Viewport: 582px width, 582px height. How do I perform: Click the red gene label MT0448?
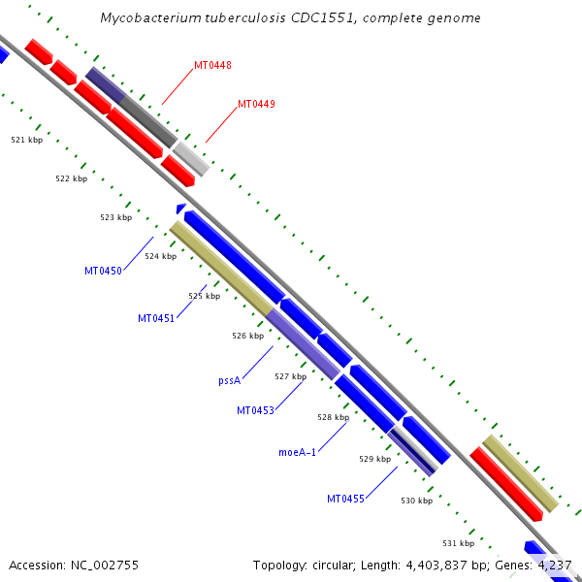[212, 65]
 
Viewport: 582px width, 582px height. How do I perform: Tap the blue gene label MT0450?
[103, 271]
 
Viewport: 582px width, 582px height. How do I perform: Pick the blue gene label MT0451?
[156, 318]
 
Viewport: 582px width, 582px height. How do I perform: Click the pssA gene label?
[229, 381]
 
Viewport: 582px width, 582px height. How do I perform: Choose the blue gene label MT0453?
[255, 410]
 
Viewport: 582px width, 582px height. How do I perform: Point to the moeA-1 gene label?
[297, 452]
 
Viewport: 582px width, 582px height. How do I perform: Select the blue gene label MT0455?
[345, 499]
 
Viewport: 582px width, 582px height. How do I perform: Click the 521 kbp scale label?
[27, 140]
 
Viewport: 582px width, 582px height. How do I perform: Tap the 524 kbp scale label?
[160, 256]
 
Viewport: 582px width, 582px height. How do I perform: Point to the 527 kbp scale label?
[290, 376]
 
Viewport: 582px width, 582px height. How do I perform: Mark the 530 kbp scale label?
[416, 501]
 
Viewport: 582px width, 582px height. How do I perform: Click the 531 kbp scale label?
[458, 543]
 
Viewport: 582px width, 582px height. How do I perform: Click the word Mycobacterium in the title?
[146, 18]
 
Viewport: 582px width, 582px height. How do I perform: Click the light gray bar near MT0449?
[191, 158]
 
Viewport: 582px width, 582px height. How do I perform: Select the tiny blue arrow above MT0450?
[180, 208]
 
